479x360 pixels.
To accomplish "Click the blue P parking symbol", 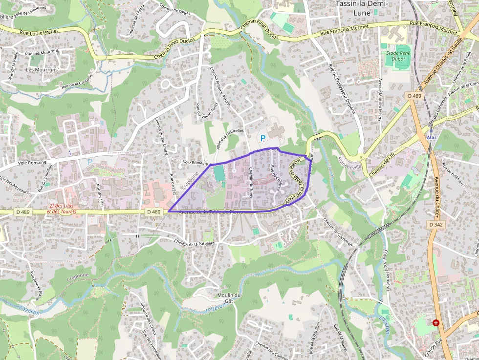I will coord(263,138).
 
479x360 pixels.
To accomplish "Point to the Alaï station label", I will coord(431,138).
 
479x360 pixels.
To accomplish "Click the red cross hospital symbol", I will coord(435,323).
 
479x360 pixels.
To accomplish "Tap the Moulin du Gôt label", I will coord(230,298).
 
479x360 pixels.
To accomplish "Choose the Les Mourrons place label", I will coord(42,70).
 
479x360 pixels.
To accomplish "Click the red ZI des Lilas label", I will coord(62,209).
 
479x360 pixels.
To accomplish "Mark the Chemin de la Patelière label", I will coord(195,241).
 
